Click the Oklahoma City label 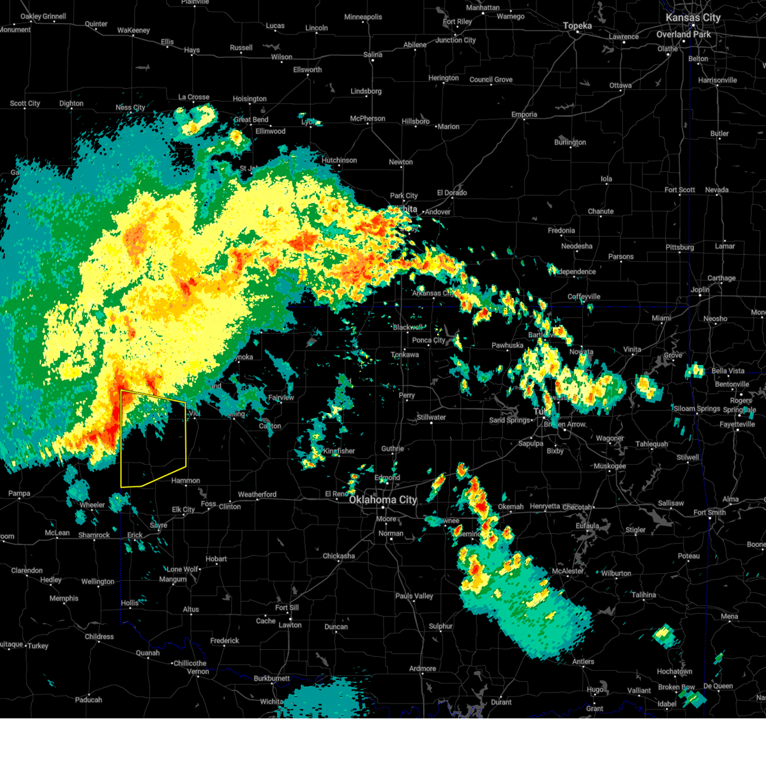(x=382, y=500)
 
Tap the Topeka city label (x=577, y=26)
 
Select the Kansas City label (x=693, y=18)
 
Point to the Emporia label (x=524, y=115)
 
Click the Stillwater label (x=432, y=417)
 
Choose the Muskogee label (x=610, y=466)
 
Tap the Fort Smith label (x=709, y=512)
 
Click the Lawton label (x=290, y=625)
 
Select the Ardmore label (x=423, y=668)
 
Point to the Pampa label (x=19, y=493)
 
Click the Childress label (x=99, y=636)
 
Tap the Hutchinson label (x=339, y=160)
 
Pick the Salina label (x=373, y=55)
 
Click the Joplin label (x=700, y=290)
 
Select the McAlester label (x=568, y=571)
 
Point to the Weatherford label (x=257, y=495)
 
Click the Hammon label (x=186, y=481)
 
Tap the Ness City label (x=130, y=108)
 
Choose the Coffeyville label (x=583, y=297)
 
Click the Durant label (x=501, y=702)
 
